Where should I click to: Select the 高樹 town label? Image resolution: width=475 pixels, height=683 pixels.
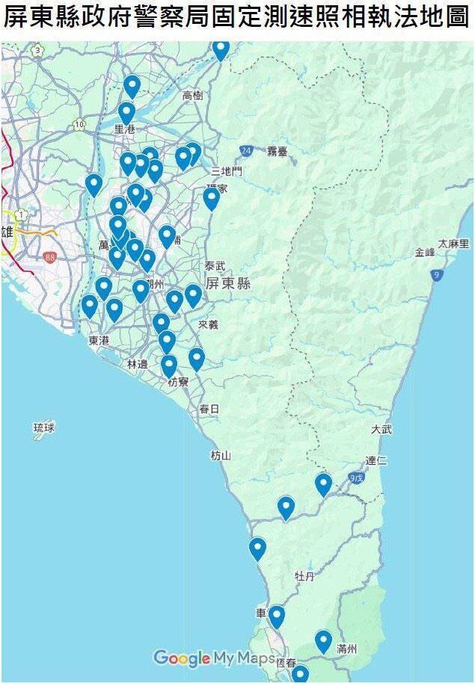(x=193, y=95)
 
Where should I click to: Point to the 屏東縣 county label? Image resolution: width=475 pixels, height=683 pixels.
(x=228, y=284)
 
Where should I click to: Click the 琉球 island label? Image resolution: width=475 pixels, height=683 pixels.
(x=44, y=428)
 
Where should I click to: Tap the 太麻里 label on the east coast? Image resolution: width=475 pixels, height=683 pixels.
(x=453, y=244)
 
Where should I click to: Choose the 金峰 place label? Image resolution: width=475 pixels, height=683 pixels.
(x=424, y=253)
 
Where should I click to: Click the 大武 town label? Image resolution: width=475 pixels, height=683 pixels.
(x=381, y=430)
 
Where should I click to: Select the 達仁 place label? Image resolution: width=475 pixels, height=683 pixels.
(x=376, y=460)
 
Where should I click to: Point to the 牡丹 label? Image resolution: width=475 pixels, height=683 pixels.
(x=304, y=576)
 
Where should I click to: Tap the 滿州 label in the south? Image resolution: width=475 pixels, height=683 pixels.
(x=346, y=649)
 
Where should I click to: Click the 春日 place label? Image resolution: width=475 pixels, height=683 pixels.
(x=209, y=409)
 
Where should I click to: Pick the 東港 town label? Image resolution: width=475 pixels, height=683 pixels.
(x=98, y=340)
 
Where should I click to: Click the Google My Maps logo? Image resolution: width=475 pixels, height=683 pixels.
(x=214, y=658)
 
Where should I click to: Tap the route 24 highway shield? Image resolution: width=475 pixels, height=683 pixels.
(x=245, y=151)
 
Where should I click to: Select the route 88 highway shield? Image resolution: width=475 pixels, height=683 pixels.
(x=50, y=257)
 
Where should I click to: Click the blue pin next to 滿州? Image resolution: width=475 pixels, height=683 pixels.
(x=323, y=640)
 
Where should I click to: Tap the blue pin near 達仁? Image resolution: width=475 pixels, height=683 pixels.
(x=323, y=483)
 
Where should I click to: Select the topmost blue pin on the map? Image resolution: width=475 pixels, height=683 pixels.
(x=221, y=49)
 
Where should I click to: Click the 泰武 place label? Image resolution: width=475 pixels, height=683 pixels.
(x=215, y=265)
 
